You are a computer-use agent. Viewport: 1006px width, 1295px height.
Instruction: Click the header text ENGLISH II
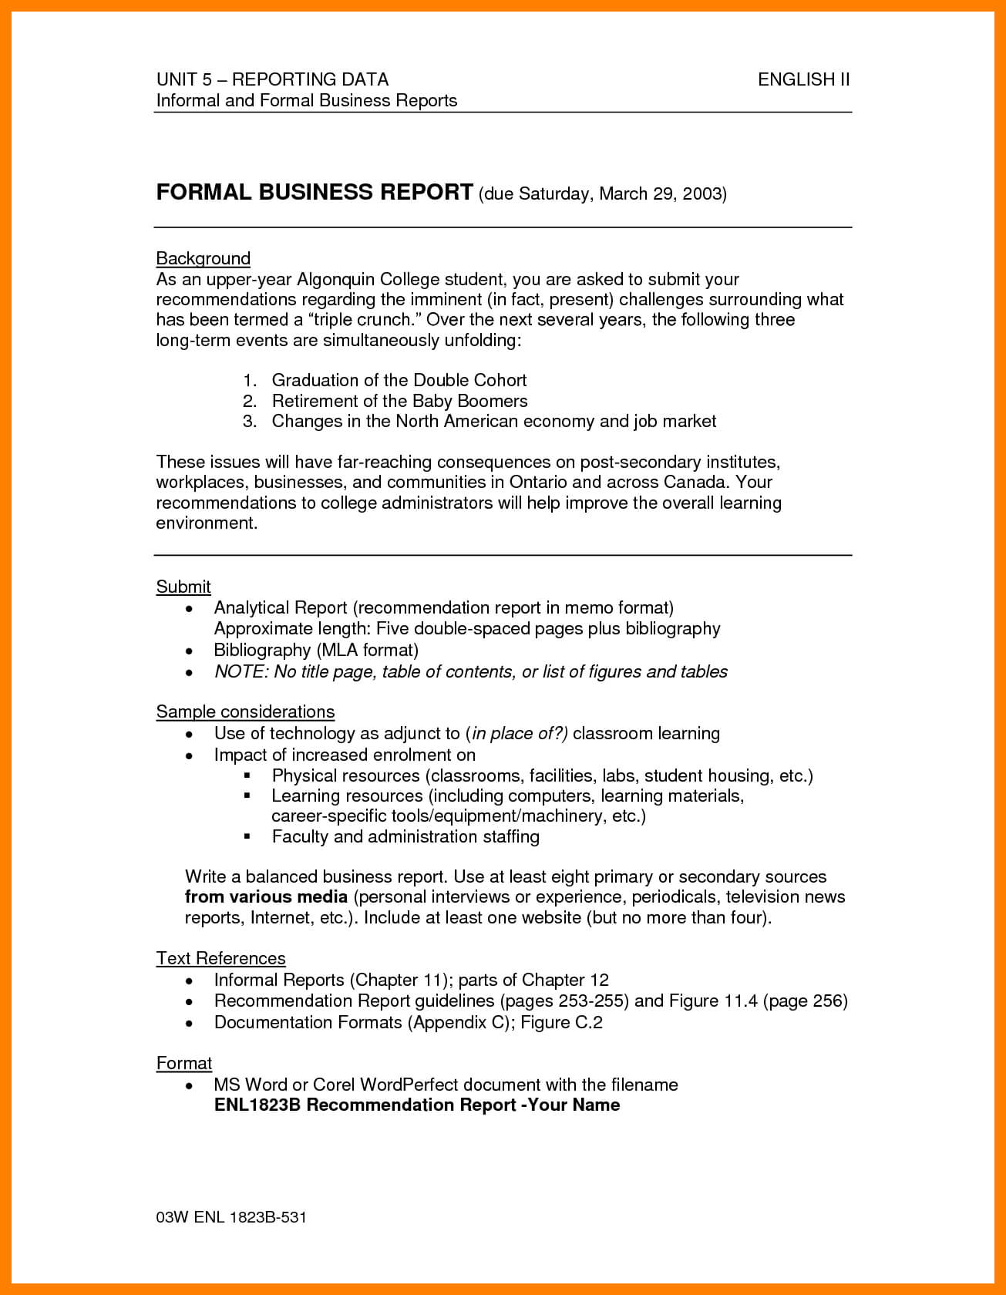tap(803, 79)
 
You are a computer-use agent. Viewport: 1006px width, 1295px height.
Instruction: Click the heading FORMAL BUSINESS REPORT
tap(315, 192)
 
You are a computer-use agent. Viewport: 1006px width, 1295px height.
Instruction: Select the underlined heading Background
tap(203, 258)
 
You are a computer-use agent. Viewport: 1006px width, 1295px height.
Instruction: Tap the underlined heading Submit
tap(183, 587)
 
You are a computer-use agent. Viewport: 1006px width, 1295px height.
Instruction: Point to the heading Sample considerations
tap(245, 711)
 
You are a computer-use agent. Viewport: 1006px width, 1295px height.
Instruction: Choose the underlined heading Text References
tap(220, 958)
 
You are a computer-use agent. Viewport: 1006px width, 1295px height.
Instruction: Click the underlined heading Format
tap(183, 1063)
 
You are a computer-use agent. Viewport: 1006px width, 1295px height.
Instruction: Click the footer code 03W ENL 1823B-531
tap(231, 1217)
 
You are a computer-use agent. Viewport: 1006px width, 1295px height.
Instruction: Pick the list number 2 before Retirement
tap(249, 401)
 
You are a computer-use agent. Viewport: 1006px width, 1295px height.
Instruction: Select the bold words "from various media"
tap(266, 897)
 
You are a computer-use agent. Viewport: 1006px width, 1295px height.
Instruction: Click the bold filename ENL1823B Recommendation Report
tap(365, 1105)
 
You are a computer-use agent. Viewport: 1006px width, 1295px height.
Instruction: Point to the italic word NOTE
tap(240, 671)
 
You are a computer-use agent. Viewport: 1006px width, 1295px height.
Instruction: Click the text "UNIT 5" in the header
tap(183, 79)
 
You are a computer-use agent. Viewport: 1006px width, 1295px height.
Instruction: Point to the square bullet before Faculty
tap(247, 836)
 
